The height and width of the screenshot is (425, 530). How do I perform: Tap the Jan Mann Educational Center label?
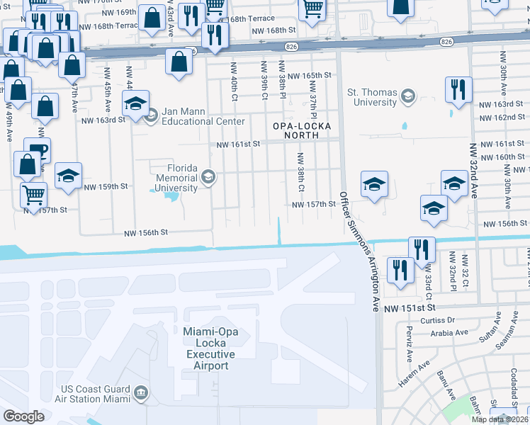pyautogui.click(x=193, y=116)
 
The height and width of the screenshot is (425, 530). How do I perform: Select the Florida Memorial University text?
pyautogui.click(x=176, y=178)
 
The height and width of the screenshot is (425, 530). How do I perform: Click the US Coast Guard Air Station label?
pyautogui.click(x=96, y=394)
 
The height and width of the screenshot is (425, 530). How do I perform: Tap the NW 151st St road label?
pyautogui.click(x=408, y=309)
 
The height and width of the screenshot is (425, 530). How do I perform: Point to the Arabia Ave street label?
pyautogui.click(x=450, y=332)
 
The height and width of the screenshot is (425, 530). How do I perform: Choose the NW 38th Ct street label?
pyautogui.click(x=300, y=173)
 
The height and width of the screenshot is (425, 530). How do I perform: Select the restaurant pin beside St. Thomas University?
pyautogui.click(x=458, y=89)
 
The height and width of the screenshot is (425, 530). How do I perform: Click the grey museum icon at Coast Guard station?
pyautogui.click(x=140, y=392)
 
